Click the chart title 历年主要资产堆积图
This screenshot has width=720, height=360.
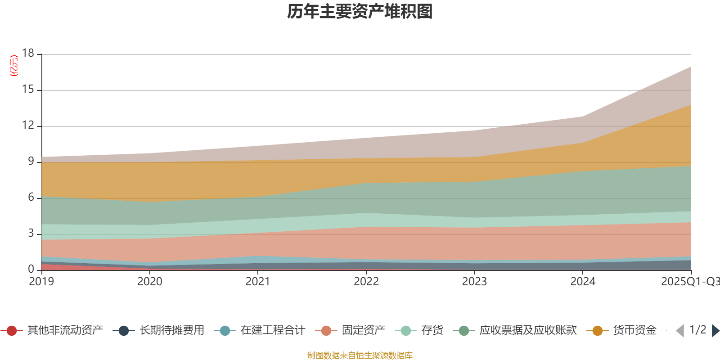pos(360,12)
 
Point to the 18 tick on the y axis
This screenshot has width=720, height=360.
pos(28,53)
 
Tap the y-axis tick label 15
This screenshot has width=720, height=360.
pos(28,90)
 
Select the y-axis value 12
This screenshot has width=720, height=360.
pos(28,126)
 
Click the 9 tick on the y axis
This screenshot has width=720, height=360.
pos(31,161)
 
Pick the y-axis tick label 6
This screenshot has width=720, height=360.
pos(31,197)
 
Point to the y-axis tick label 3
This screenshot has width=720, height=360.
pos(31,233)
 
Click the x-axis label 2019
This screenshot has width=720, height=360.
pos(41,282)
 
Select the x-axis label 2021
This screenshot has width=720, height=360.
pos(257,282)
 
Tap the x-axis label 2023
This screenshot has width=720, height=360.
pos(474,282)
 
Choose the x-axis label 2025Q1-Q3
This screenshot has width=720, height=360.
pos(690,282)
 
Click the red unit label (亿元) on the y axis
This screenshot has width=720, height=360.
pos(14,66)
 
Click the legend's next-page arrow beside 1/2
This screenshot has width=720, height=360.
pos(715,331)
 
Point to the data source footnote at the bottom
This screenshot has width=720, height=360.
pos(360,355)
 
